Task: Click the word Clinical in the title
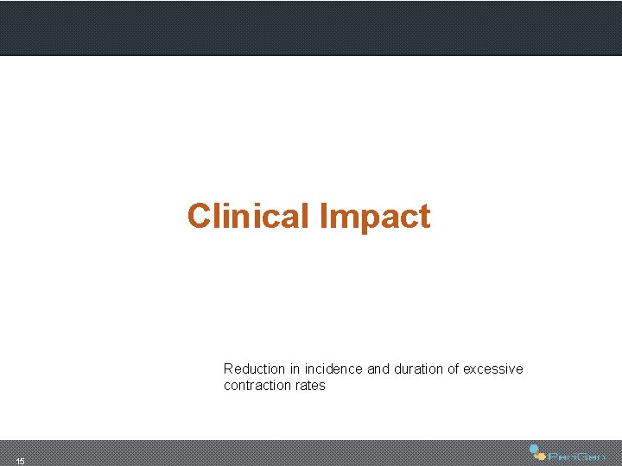click(x=249, y=217)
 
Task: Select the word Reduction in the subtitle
click(x=254, y=368)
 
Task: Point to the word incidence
click(x=333, y=368)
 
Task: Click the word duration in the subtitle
click(x=418, y=368)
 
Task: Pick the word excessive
click(x=492, y=368)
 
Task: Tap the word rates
click(x=309, y=386)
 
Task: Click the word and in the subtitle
click(x=378, y=368)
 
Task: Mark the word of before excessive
click(x=453, y=368)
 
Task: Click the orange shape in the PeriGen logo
click(x=540, y=456)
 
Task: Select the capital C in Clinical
click(x=199, y=217)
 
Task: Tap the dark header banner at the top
click(x=311, y=28)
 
